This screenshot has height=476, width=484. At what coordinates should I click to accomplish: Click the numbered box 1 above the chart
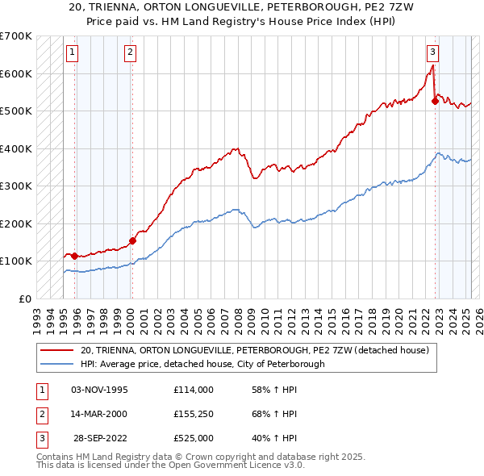72,52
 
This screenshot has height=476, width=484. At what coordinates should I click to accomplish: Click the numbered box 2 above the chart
130,52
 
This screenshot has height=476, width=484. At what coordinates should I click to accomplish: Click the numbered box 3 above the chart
432,52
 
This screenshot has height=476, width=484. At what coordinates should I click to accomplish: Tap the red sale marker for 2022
435,101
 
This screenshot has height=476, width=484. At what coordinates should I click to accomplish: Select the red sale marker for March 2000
132,240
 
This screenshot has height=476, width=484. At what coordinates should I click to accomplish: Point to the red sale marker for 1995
75,256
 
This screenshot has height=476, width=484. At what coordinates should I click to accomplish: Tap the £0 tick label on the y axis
24,299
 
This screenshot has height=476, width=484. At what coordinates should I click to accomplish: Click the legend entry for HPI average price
202,364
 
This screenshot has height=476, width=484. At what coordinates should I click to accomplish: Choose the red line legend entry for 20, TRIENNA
259,350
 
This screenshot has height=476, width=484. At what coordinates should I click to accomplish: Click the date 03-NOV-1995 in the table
99,390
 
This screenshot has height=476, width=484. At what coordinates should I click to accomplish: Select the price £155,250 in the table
193,414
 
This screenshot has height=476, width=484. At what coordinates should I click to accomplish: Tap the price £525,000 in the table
193,438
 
